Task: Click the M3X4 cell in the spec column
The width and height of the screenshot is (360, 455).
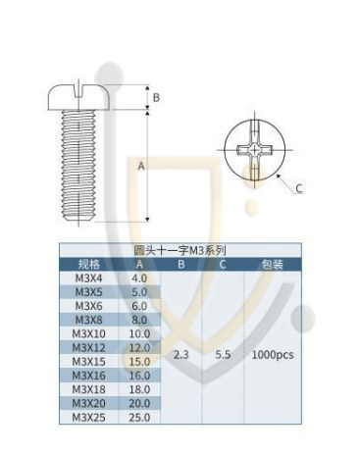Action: [x=88, y=278]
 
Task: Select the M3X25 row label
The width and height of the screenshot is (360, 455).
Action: [x=88, y=418]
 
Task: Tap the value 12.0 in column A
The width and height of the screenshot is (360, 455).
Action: [x=139, y=348]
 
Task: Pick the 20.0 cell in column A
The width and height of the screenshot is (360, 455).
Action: [x=139, y=403]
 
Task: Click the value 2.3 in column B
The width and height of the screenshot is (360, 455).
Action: [x=181, y=355]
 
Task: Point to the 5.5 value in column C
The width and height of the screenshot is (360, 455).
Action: [x=223, y=355]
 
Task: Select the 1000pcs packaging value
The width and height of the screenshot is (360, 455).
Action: [x=273, y=355]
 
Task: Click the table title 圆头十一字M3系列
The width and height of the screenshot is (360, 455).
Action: [x=180, y=251]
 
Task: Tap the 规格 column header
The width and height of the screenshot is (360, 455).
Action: [x=88, y=264]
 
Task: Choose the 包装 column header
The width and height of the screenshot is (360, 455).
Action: [x=273, y=264]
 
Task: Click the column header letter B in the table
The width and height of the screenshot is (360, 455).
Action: [x=181, y=264]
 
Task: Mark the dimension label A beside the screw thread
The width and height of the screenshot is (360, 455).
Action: [x=141, y=166]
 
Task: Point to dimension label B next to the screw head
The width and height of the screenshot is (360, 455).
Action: [x=156, y=97]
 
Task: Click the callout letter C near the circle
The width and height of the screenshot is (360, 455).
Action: [x=299, y=188]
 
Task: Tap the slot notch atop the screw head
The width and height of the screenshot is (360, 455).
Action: [x=78, y=91]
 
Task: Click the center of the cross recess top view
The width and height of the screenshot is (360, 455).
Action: [x=254, y=151]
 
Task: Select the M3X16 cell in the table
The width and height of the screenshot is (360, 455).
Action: [x=88, y=376]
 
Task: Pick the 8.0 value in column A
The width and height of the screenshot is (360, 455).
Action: [x=139, y=320]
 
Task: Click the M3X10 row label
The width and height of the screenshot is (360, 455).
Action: [x=88, y=334]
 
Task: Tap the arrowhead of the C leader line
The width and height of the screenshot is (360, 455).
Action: [x=279, y=176]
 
